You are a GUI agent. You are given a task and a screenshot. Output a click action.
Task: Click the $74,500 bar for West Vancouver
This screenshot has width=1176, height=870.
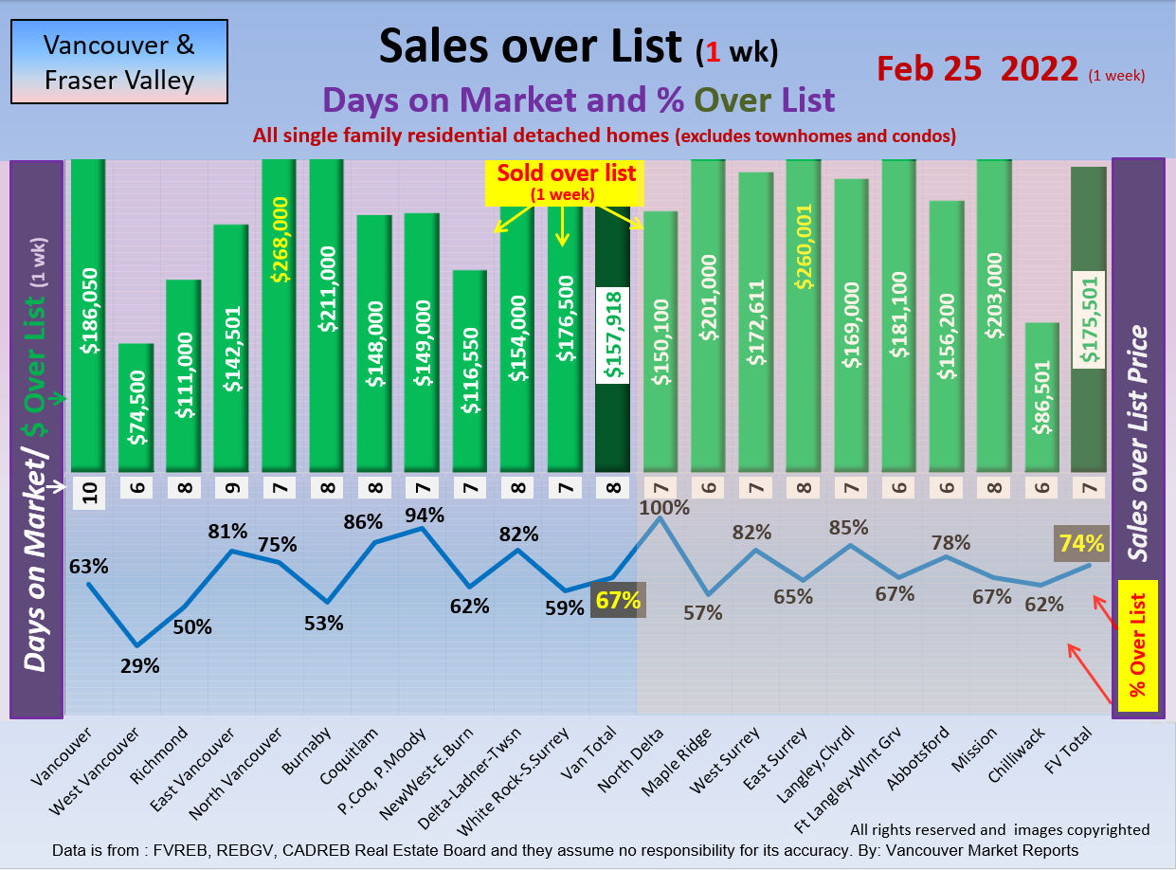pyautogui.click(x=135, y=408)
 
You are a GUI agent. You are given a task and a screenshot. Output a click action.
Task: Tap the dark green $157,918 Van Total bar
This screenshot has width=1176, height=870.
pyautogui.click(x=612, y=341)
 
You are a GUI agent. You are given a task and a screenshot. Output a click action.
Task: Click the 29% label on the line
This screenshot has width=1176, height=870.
pyautogui.click(x=140, y=665)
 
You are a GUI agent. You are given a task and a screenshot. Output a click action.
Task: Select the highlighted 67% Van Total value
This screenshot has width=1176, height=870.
pyautogui.click(x=618, y=600)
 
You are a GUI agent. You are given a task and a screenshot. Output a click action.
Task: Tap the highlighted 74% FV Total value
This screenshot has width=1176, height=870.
pyautogui.click(x=1082, y=544)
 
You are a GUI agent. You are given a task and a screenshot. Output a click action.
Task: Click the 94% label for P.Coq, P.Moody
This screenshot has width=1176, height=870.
pyautogui.click(x=423, y=515)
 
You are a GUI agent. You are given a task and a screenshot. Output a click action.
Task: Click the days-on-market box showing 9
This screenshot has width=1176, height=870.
pyautogui.click(x=230, y=488)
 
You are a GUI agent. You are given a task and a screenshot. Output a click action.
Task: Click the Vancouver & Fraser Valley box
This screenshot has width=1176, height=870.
pyautogui.click(x=119, y=62)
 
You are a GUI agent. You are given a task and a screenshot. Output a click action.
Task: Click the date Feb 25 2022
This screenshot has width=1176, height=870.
pyautogui.click(x=977, y=68)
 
